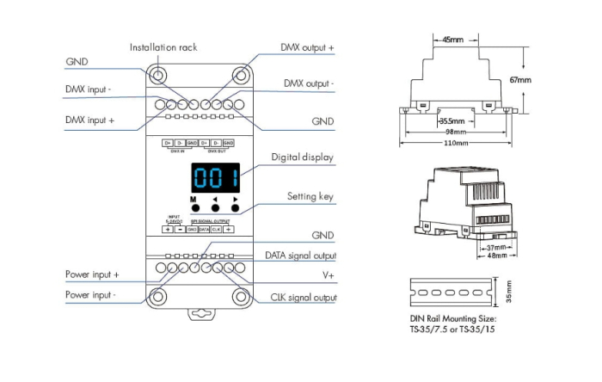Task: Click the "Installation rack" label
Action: (163, 47)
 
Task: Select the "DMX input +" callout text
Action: (89, 120)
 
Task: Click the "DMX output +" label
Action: (307, 47)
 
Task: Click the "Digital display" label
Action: (302, 157)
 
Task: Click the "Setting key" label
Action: (310, 197)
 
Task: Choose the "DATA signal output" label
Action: (300, 256)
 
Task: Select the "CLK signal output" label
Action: (301, 298)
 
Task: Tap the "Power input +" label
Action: (92, 274)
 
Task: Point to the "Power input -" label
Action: (90, 294)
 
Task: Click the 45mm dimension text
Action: (455, 40)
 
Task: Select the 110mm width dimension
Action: (455, 142)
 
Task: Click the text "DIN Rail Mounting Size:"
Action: (452, 319)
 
